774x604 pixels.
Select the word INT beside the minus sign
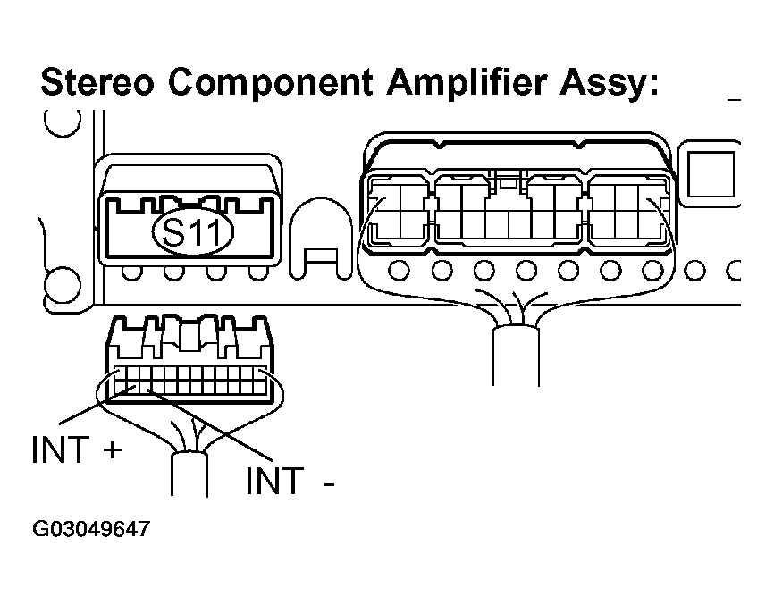point(273,482)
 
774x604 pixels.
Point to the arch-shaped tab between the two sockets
point(320,235)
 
